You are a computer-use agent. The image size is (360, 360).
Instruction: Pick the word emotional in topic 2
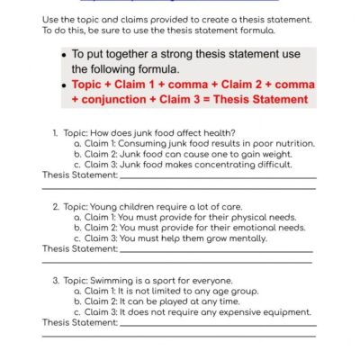point(250,228)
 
